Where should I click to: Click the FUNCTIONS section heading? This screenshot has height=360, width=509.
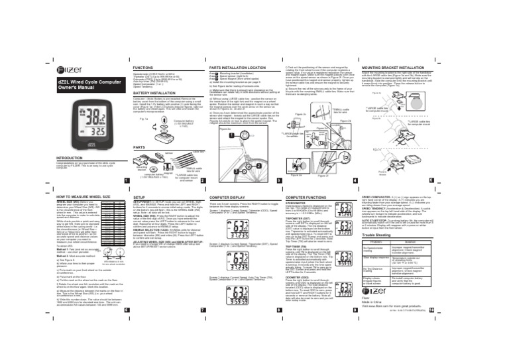(x=144, y=68)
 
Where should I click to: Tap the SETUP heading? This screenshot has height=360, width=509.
(x=140, y=198)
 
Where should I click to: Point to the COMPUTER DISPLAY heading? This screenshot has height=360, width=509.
(x=228, y=198)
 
